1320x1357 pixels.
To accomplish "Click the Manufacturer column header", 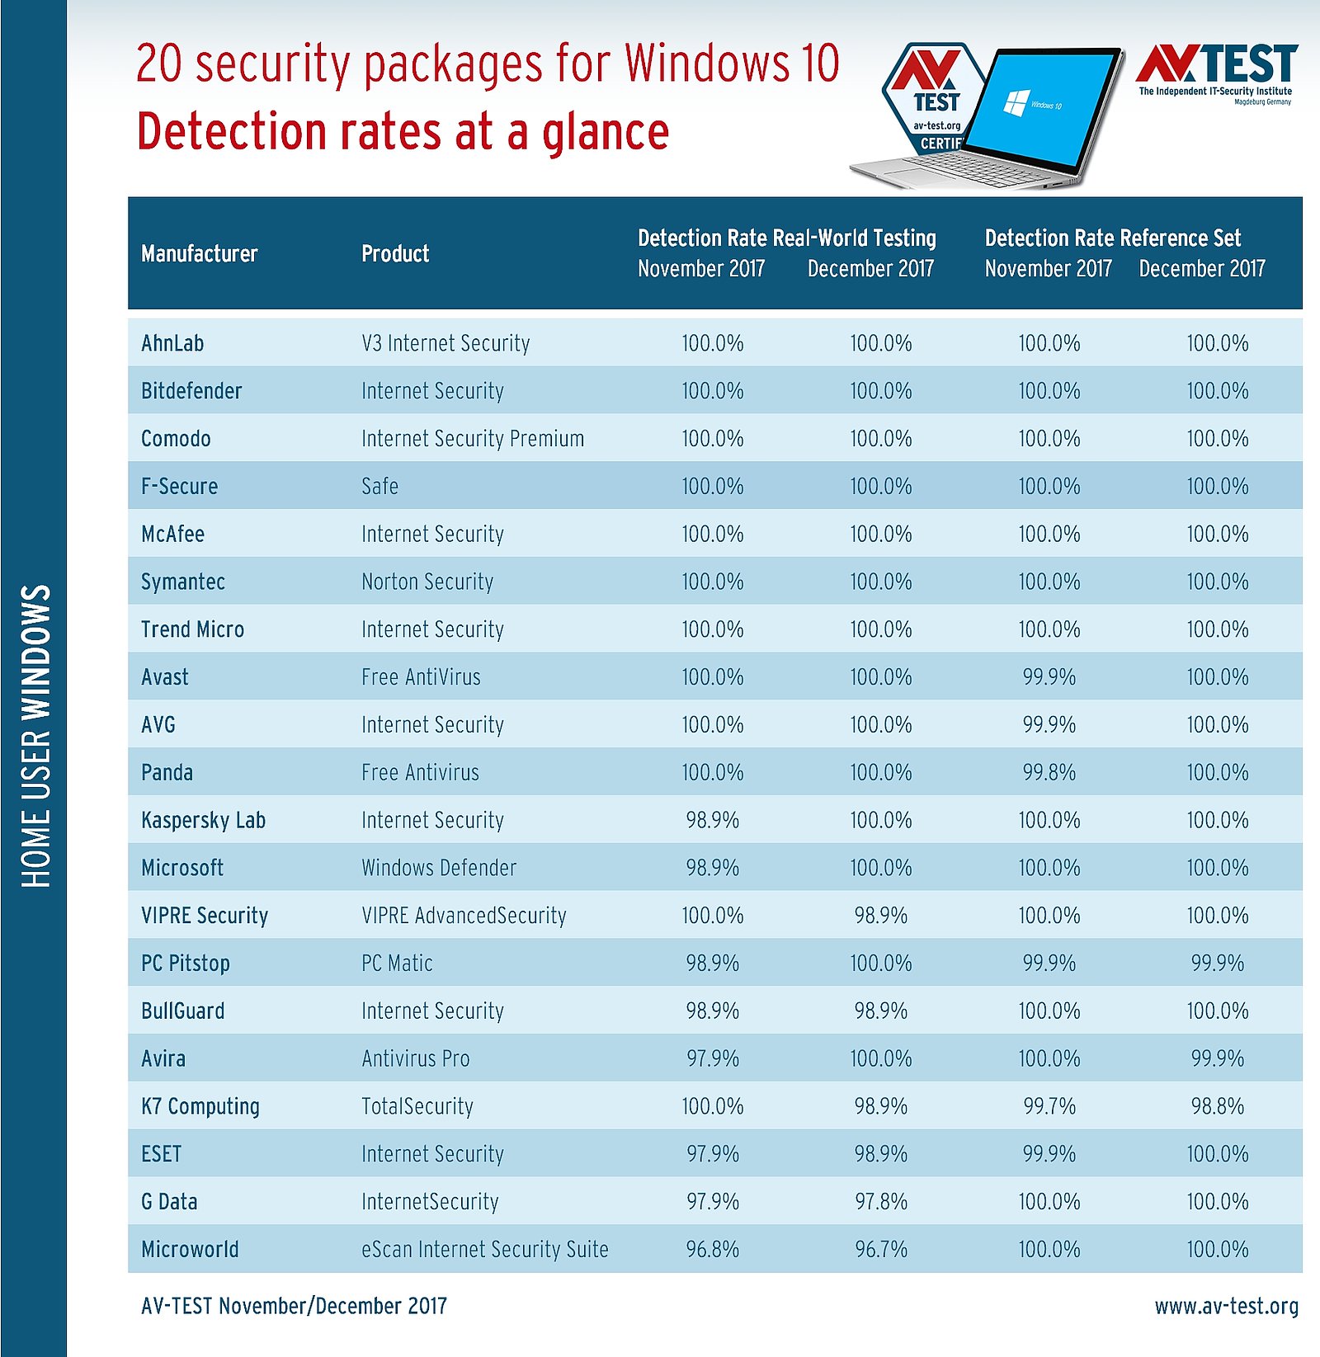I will (199, 253).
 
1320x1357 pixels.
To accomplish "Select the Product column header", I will (395, 253).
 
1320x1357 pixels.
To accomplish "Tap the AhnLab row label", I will (172, 343).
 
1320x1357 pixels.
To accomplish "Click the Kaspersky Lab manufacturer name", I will (203, 820).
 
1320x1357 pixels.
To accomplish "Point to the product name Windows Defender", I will (439, 868).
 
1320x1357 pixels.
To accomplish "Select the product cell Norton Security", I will (427, 582).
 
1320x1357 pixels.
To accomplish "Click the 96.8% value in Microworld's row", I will (713, 1249).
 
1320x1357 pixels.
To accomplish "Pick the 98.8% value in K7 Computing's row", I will (1217, 1106).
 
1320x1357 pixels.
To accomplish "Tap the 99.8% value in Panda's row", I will (1049, 772).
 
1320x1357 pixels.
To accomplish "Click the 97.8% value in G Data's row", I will (881, 1201).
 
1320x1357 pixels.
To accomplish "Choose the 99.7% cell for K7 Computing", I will (1049, 1106).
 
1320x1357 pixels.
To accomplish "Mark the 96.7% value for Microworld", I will (881, 1249).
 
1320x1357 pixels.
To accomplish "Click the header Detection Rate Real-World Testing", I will (786, 238).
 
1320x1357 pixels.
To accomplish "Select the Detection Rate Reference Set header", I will (1112, 238).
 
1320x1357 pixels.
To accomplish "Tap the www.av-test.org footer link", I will (1226, 1306).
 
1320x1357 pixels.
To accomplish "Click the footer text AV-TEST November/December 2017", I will (294, 1306).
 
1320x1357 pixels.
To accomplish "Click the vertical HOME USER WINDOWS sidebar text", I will (35, 736).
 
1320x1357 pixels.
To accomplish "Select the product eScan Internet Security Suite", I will (484, 1249).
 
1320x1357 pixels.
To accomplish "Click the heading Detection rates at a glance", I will (403, 132).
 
